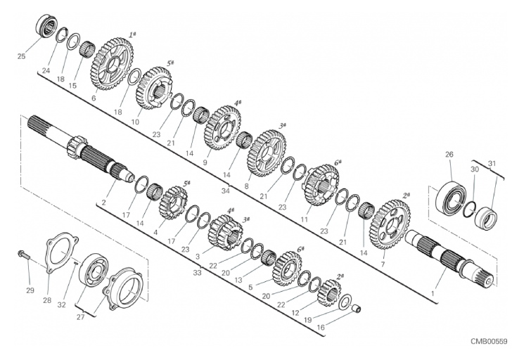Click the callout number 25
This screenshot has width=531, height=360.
pyautogui.click(x=21, y=56)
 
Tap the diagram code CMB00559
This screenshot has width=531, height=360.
pyautogui.click(x=489, y=342)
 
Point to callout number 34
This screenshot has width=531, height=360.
pyautogui.click(x=225, y=191)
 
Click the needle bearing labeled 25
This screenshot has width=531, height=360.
pyautogui.click(x=46, y=25)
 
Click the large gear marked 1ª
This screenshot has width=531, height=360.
pyautogui.click(x=112, y=64)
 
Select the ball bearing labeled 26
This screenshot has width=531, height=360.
pyautogui.click(x=449, y=198)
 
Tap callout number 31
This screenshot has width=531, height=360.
pyautogui.click(x=492, y=164)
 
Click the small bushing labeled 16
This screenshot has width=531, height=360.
pyautogui.click(x=357, y=309)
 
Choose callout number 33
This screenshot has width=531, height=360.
pyautogui.click(x=197, y=272)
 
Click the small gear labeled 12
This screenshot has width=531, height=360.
pyautogui.click(x=329, y=293)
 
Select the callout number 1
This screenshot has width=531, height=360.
pyautogui.click(x=432, y=293)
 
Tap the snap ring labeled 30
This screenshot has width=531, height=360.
pyautogui.click(x=469, y=210)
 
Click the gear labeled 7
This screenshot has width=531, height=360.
pyautogui.click(x=391, y=224)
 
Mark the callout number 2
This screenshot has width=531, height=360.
pyautogui.click(x=103, y=203)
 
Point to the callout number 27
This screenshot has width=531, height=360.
pyautogui.click(x=81, y=317)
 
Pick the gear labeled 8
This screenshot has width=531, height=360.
pyautogui.click(x=267, y=153)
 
